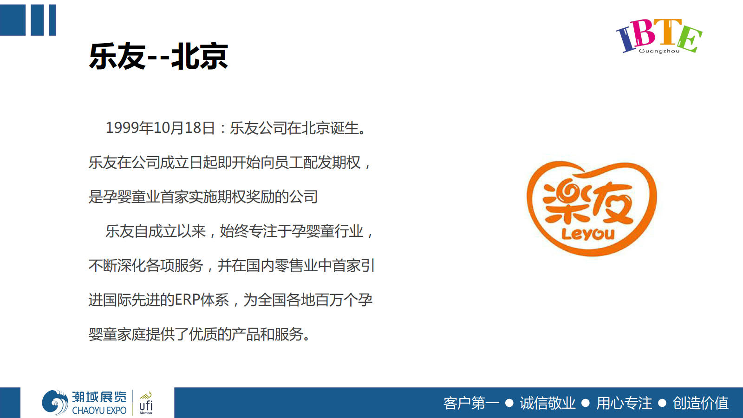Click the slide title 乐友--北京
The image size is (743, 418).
point(158,56)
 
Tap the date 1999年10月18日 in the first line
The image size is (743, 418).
point(160,128)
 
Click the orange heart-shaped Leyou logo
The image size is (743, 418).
point(592,209)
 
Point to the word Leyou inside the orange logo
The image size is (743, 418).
point(588,234)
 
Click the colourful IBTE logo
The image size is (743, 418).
point(659,36)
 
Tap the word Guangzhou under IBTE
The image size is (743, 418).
point(659,51)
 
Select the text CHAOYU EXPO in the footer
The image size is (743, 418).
point(99,411)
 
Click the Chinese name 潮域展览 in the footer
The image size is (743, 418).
point(99,397)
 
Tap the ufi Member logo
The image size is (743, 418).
point(146,403)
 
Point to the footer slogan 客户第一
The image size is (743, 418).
point(471,403)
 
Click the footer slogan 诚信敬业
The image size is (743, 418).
point(547,403)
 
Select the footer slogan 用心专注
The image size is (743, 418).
point(624,403)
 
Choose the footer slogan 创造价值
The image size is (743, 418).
point(701,403)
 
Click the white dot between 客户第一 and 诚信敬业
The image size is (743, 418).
point(509,403)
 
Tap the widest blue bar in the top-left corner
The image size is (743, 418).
point(13,20)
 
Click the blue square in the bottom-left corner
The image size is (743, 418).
point(10,403)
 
